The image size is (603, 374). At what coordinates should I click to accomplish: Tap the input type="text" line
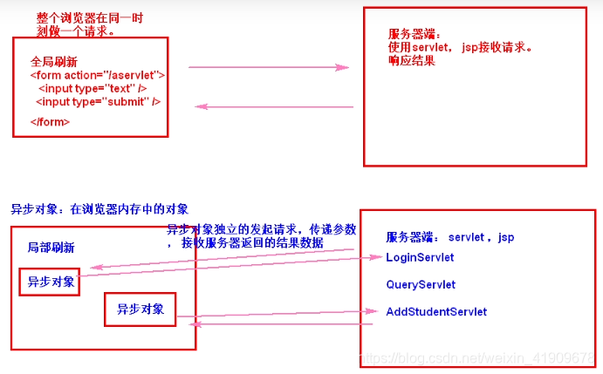92,89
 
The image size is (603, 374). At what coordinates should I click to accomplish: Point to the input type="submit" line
98,102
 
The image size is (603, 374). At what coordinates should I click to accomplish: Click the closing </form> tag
50,121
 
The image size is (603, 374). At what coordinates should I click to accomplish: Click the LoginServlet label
420,257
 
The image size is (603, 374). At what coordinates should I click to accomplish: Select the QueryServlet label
421,284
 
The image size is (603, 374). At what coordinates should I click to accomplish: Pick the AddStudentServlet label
436,311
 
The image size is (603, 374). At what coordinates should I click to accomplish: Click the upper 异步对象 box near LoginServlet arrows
50,282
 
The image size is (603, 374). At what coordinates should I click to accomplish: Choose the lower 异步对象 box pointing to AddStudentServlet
140,309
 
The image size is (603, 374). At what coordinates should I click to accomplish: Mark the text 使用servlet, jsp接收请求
460,47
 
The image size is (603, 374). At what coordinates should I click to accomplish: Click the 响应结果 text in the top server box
412,61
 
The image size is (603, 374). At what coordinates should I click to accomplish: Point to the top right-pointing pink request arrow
268,67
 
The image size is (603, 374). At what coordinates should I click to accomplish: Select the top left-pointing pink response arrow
273,107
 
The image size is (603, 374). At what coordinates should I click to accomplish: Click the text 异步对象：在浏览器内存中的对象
99,209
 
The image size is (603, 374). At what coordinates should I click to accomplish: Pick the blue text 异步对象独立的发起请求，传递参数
262,229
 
